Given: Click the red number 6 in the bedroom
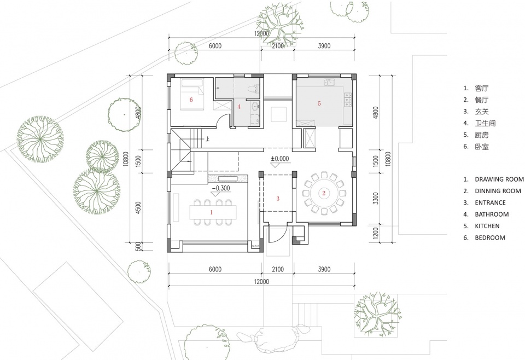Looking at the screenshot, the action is pyautogui.click(x=191, y=100).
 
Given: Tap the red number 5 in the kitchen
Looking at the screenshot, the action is pyautogui.click(x=319, y=103).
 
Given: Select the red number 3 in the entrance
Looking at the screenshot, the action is pyautogui.click(x=278, y=199).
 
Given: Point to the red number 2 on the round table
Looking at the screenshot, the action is pyautogui.click(x=324, y=193).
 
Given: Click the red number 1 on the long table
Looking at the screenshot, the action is pyautogui.click(x=211, y=212).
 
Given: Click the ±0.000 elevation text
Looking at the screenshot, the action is pyautogui.click(x=280, y=159).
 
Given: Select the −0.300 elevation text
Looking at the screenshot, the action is pyautogui.click(x=221, y=188).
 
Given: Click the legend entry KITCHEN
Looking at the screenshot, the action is pyautogui.click(x=487, y=226).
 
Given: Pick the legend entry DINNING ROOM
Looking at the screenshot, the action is pyautogui.click(x=498, y=191).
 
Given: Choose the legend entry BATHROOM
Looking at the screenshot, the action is pyautogui.click(x=492, y=214).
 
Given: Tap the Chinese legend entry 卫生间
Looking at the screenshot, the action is pyautogui.click(x=485, y=123).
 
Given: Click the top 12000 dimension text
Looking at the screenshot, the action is pyautogui.click(x=261, y=33).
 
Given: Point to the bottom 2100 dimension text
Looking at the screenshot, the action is pyautogui.click(x=278, y=269).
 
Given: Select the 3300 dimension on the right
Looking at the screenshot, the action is pyautogui.click(x=376, y=199).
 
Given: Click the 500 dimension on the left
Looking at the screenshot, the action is pyautogui.click(x=138, y=247).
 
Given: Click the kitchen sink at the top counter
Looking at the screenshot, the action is pyautogui.click(x=329, y=83).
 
